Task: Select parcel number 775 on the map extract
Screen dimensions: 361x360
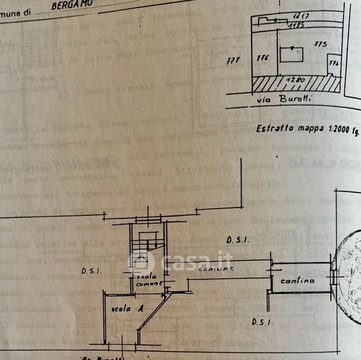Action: [319, 44]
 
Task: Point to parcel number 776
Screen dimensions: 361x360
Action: [262, 59]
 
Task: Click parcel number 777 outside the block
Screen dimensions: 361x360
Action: [232, 60]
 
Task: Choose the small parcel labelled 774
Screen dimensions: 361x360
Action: [334, 63]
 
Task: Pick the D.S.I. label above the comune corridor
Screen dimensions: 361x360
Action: [238, 240]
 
